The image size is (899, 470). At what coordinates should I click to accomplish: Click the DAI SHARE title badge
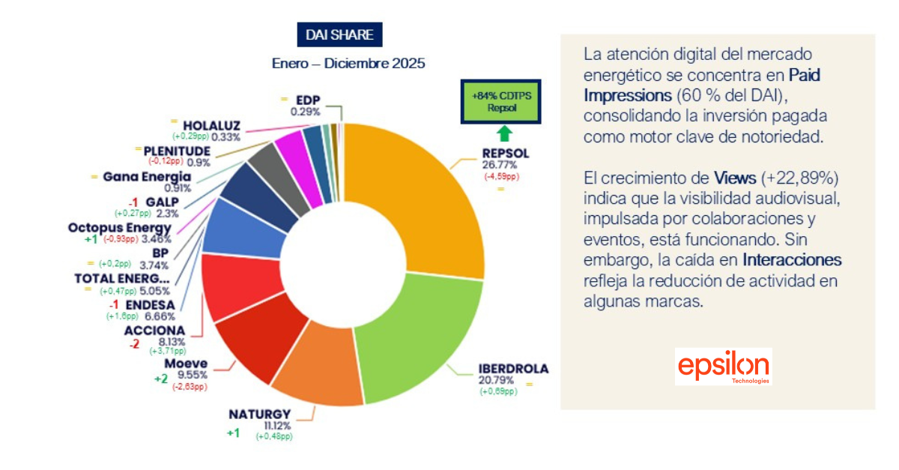click(340, 34)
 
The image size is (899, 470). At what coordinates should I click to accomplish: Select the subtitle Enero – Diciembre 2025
click(348, 64)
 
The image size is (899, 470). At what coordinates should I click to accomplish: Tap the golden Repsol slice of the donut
click(423, 195)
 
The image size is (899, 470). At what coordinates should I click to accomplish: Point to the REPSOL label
click(506, 154)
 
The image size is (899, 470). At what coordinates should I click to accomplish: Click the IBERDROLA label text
click(513, 369)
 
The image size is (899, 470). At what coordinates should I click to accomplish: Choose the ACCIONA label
click(155, 330)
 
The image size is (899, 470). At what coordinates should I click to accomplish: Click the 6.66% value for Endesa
click(160, 316)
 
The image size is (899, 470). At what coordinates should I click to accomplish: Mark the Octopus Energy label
click(120, 228)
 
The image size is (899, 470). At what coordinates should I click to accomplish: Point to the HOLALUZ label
click(211, 124)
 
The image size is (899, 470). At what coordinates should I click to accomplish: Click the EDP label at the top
click(308, 100)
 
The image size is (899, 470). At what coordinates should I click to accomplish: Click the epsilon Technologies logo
click(723, 367)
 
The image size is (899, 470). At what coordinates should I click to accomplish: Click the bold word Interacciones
click(792, 260)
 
